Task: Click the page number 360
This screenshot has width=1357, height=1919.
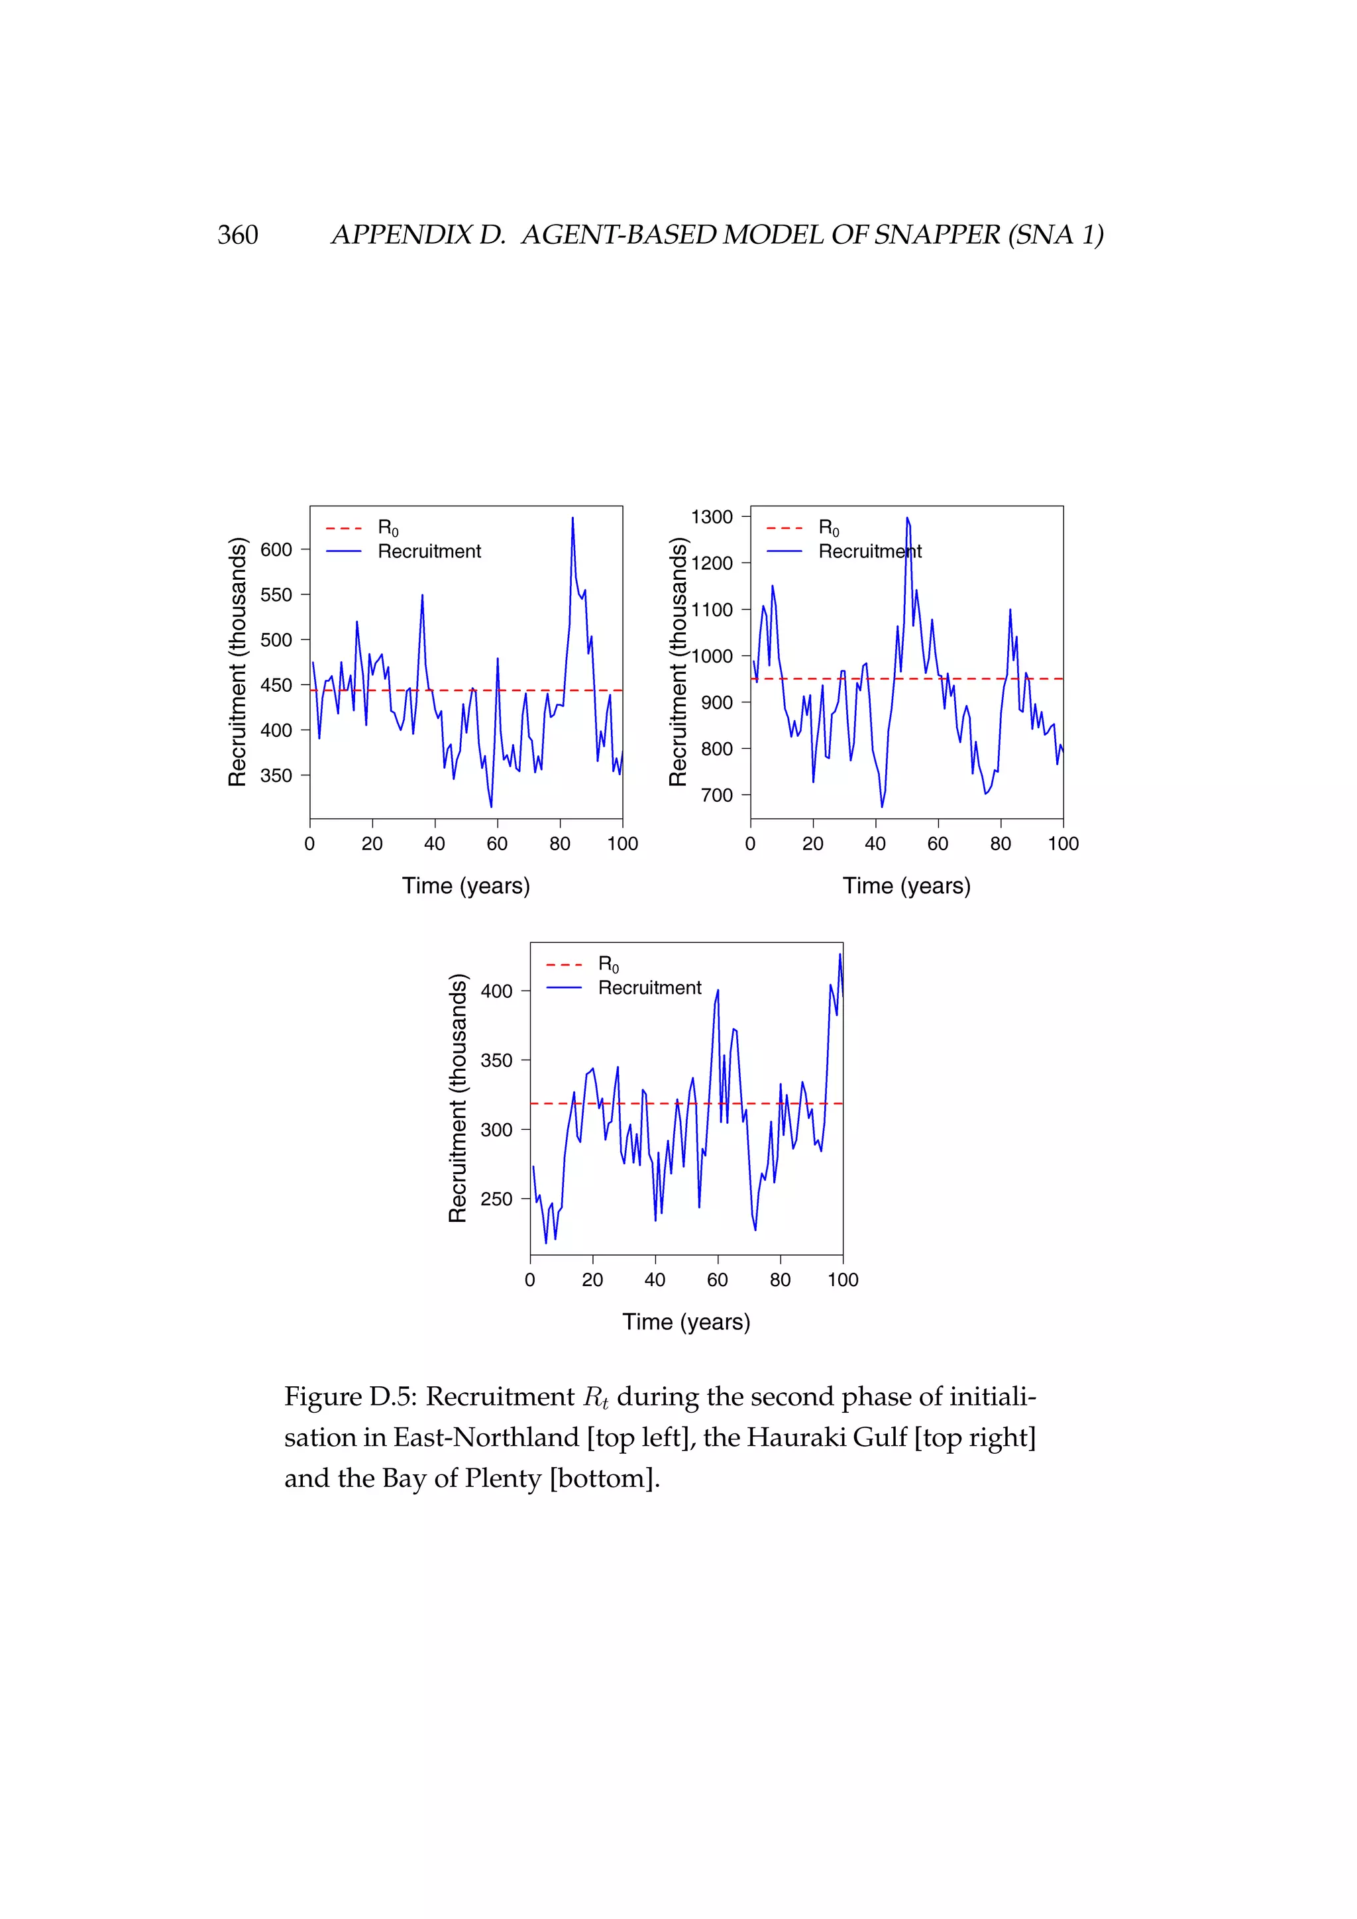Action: (x=237, y=235)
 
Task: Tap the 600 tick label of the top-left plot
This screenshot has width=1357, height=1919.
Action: (x=276, y=550)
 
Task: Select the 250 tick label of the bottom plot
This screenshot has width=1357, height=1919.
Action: (x=496, y=1199)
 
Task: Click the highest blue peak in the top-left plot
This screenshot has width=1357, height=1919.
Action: (x=572, y=518)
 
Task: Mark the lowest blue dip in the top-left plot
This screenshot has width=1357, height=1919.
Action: (x=492, y=806)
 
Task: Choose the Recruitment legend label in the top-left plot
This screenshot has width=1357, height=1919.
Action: (x=429, y=551)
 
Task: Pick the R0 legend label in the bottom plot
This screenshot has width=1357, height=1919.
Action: (x=608, y=965)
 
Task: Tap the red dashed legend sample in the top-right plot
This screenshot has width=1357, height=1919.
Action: (x=784, y=528)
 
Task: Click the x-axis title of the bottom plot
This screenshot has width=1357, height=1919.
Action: (x=686, y=1321)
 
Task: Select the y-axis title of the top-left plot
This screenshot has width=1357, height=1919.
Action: (x=237, y=661)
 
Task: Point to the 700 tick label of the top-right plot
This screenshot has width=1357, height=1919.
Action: (x=716, y=795)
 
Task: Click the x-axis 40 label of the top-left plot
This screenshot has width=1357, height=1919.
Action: (x=435, y=844)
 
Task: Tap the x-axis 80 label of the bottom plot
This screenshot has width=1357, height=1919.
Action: (x=780, y=1280)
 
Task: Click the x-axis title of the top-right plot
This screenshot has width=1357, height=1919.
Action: (x=906, y=886)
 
